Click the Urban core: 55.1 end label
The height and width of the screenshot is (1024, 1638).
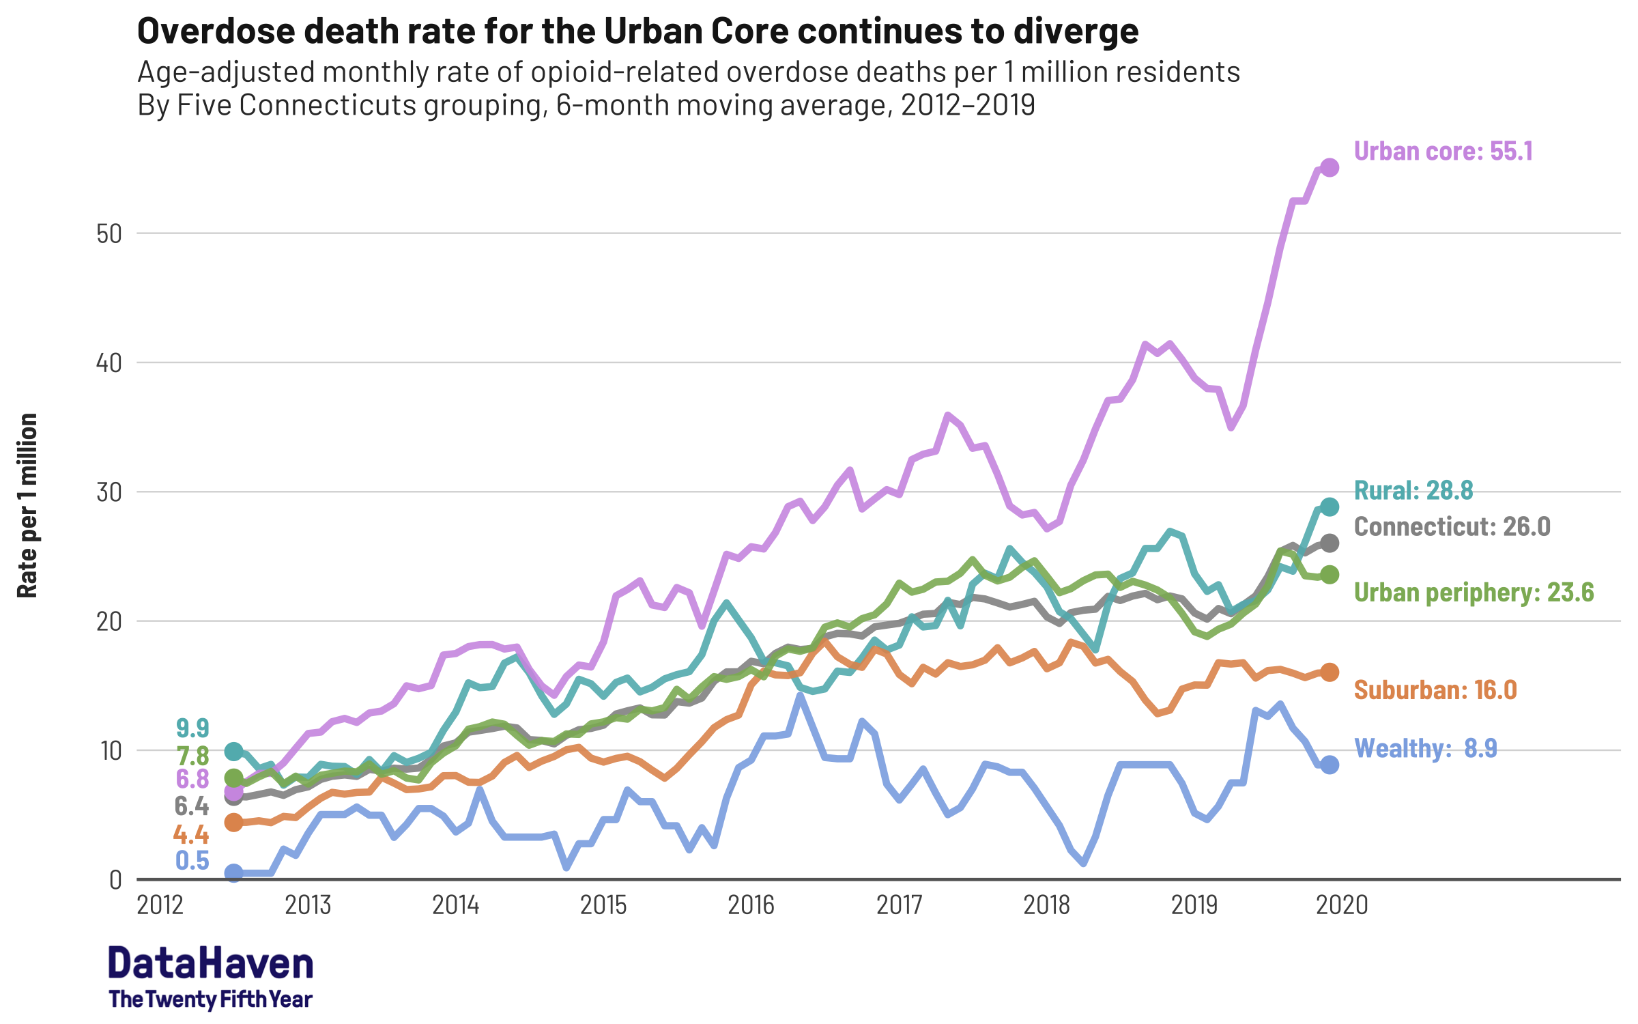pyautogui.click(x=1443, y=152)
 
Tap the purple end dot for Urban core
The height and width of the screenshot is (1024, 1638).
pyautogui.click(x=1330, y=167)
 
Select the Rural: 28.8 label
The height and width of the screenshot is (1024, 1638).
pyautogui.click(x=1413, y=490)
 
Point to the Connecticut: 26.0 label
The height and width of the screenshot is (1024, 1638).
pyautogui.click(x=1452, y=526)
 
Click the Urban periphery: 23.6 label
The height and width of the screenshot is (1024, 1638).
pyautogui.click(x=1474, y=592)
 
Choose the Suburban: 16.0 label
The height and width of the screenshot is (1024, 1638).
pyautogui.click(x=1435, y=689)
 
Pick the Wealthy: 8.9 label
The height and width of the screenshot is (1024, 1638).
pyautogui.click(x=1425, y=748)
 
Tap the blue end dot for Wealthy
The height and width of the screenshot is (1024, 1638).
pyautogui.click(x=1330, y=765)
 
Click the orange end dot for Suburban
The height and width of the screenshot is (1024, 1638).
pyautogui.click(x=1330, y=672)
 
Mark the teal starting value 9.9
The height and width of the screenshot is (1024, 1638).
pyautogui.click(x=192, y=728)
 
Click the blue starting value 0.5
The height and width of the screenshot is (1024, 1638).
pyautogui.click(x=192, y=860)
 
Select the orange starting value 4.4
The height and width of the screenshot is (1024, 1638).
pyautogui.click(x=191, y=834)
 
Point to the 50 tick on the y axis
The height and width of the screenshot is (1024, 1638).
pyautogui.click(x=109, y=234)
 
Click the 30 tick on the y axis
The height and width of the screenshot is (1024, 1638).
pyautogui.click(x=109, y=492)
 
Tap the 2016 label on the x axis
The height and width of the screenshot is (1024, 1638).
pyautogui.click(x=751, y=905)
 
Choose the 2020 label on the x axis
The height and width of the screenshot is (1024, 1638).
pyautogui.click(x=1342, y=905)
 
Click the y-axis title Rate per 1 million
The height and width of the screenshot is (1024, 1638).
pyautogui.click(x=27, y=505)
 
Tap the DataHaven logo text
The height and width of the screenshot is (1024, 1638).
pyautogui.click(x=210, y=964)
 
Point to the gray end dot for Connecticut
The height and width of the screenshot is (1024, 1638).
pyautogui.click(x=1330, y=543)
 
